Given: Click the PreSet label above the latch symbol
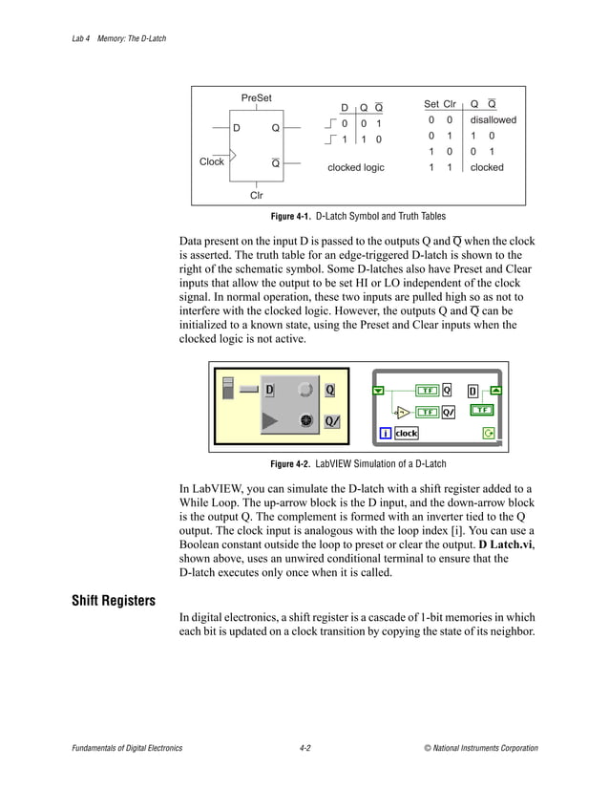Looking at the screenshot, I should point(256,98).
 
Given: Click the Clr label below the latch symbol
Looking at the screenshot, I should point(256,195).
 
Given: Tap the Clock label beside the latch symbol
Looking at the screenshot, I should point(212,161).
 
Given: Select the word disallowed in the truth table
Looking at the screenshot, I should point(493,120).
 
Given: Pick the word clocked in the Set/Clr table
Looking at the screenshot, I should point(487,167).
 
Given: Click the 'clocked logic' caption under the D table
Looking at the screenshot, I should point(355,167).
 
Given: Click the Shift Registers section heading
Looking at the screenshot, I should point(114,601).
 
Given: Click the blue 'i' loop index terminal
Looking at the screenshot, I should point(386,433).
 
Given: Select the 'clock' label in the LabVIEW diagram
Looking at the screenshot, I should point(407,433).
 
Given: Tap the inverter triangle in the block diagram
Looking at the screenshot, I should point(402,413).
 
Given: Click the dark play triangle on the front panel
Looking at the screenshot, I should point(271,420).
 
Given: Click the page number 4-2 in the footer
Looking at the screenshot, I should point(304,748).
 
